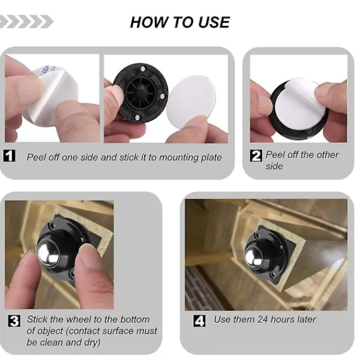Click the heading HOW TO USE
[180, 23]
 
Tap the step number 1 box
[10, 155]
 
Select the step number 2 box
[256, 155]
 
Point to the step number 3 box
[14, 320]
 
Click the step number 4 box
[199, 320]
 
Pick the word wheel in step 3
[79, 319]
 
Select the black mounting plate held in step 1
[141, 93]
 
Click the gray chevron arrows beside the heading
[26, 22]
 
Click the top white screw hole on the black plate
[143, 69]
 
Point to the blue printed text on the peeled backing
[47, 70]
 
